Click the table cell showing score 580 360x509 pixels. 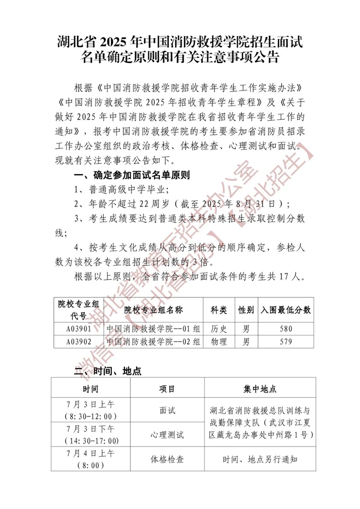(285, 329)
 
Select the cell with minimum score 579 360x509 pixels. (285, 342)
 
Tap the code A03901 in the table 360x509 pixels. (79, 329)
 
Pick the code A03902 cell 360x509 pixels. (79, 342)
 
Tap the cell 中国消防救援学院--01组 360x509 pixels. (153, 329)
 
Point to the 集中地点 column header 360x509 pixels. (260, 389)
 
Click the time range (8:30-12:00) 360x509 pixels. (91, 416)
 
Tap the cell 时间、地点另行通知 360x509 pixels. (260, 459)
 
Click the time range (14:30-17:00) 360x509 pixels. (91, 441)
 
